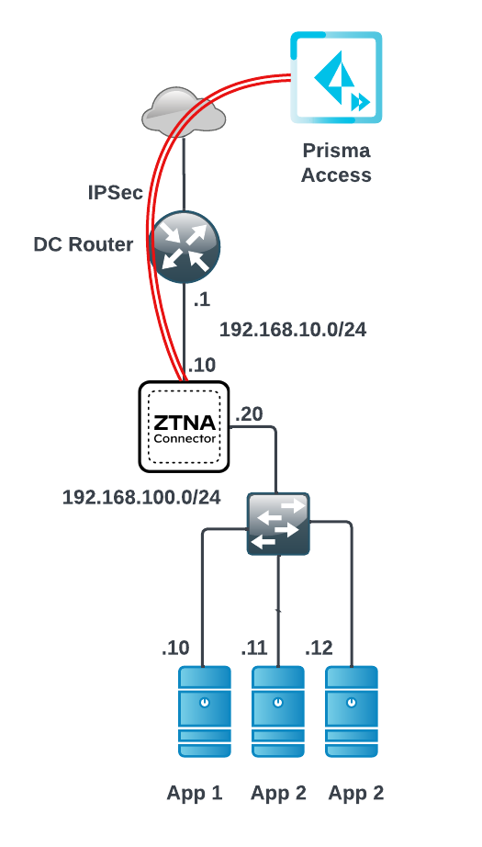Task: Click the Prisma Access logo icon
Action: [336, 77]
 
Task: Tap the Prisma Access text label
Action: [336, 162]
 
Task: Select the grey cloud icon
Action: [184, 111]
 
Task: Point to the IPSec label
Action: [116, 192]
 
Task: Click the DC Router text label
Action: [84, 244]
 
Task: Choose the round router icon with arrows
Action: [184, 246]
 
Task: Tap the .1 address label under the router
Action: [202, 300]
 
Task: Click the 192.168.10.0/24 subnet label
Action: [293, 330]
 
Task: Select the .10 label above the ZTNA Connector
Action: [202, 365]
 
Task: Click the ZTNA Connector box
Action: [184, 427]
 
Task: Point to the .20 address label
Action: [249, 413]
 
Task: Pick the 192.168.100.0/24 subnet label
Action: [141, 497]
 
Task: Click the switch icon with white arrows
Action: [278, 524]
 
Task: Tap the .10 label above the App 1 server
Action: [175, 648]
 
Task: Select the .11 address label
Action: [254, 648]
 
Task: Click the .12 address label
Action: [319, 648]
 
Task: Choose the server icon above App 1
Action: [205, 711]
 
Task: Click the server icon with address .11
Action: [278, 711]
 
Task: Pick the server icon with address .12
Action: [352, 711]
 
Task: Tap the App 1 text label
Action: [195, 793]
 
